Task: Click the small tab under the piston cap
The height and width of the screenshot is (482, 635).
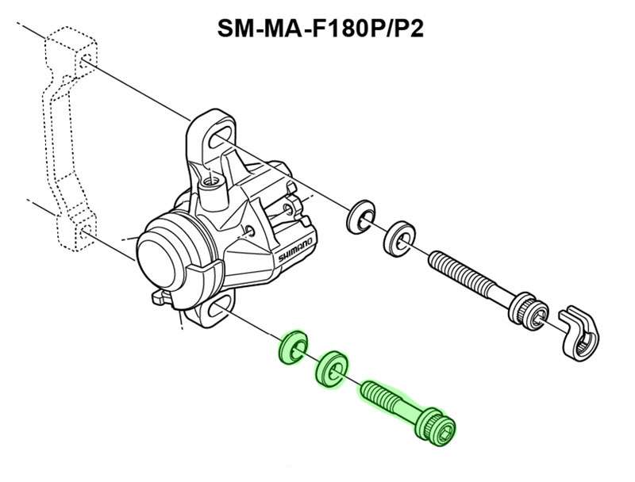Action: tap(160, 299)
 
